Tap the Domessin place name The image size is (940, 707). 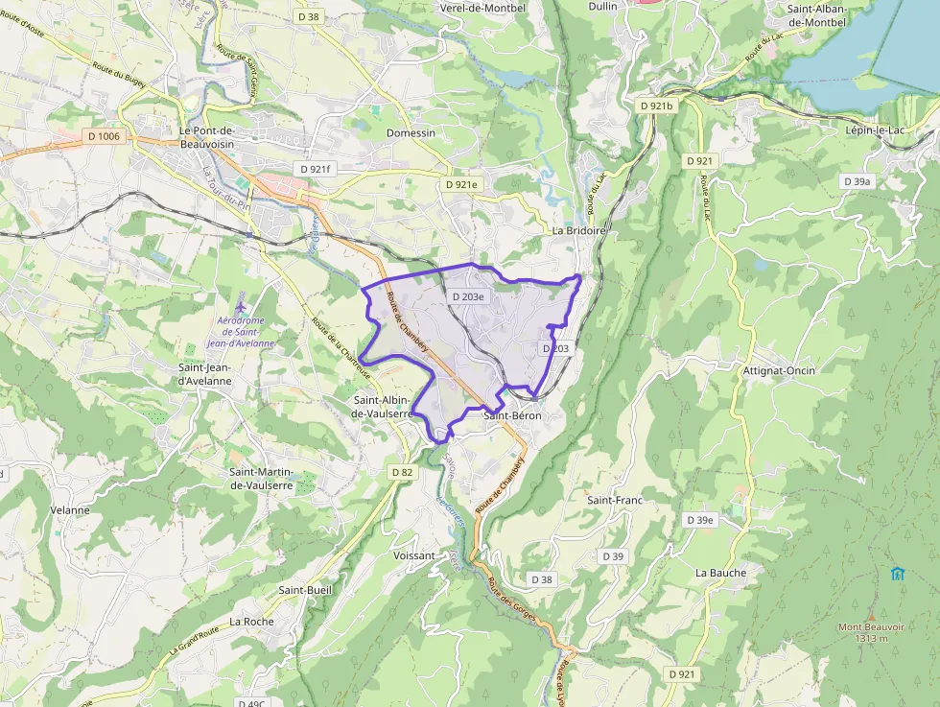tap(411, 132)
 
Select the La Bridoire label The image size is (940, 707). tap(579, 231)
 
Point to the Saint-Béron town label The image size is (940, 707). tap(512, 415)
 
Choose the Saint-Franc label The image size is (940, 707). tap(615, 500)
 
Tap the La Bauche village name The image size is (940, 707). tap(720, 573)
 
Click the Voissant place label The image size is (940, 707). tap(414, 555)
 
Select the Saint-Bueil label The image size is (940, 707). tap(305, 589)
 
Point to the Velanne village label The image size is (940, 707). tap(70, 509)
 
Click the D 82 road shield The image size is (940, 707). tap(403, 472)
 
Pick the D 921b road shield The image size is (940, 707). tap(656, 105)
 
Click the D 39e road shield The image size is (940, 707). tap(699, 520)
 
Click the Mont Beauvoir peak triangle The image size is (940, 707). tap(870, 617)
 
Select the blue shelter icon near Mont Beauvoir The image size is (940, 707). tap(897, 574)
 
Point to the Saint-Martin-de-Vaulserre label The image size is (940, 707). tap(261, 479)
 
